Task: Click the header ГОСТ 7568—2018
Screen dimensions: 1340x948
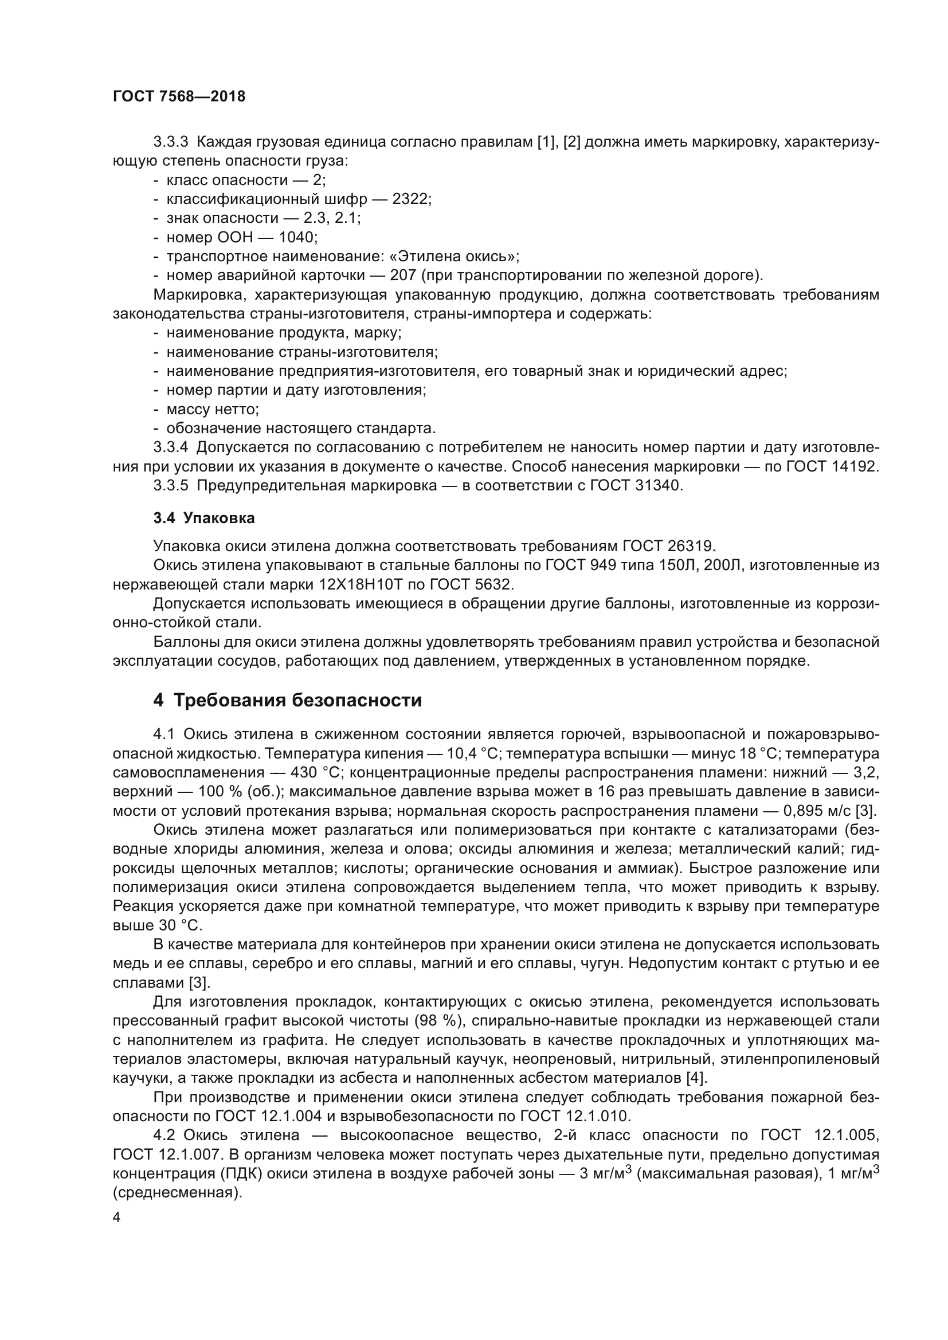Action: (x=179, y=97)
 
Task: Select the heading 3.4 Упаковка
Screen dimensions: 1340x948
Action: (x=203, y=518)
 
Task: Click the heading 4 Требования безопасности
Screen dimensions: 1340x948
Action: (x=287, y=700)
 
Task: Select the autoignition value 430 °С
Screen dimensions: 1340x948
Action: (x=315, y=772)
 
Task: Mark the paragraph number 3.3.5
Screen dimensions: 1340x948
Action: (x=170, y=485)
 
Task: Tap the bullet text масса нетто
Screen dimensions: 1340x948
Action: (x=213, y=408)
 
